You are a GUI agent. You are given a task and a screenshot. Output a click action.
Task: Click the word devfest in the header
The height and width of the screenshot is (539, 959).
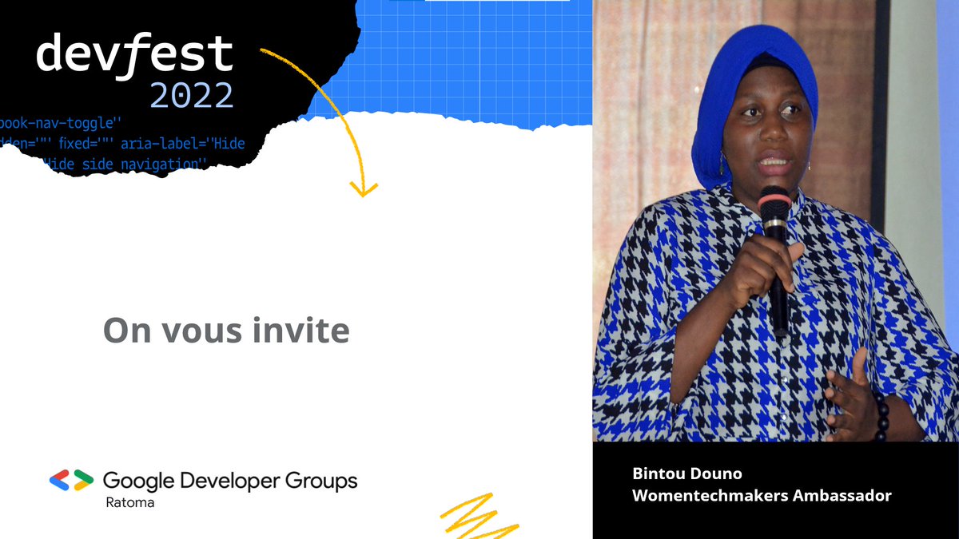pos(134,55)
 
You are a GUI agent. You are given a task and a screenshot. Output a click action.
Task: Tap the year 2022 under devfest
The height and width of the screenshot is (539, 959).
pos(192,96)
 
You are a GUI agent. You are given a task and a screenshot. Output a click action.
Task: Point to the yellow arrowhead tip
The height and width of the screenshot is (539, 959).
pos(364,194)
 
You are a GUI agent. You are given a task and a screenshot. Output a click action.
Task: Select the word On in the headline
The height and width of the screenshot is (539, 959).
pos(127,331)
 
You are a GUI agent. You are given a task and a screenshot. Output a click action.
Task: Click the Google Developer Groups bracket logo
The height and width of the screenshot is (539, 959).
pos(71,480)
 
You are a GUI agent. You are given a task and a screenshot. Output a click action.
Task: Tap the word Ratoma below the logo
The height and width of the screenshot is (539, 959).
pos(130,503)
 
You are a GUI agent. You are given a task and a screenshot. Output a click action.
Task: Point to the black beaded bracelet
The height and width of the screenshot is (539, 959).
pos(881,415)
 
